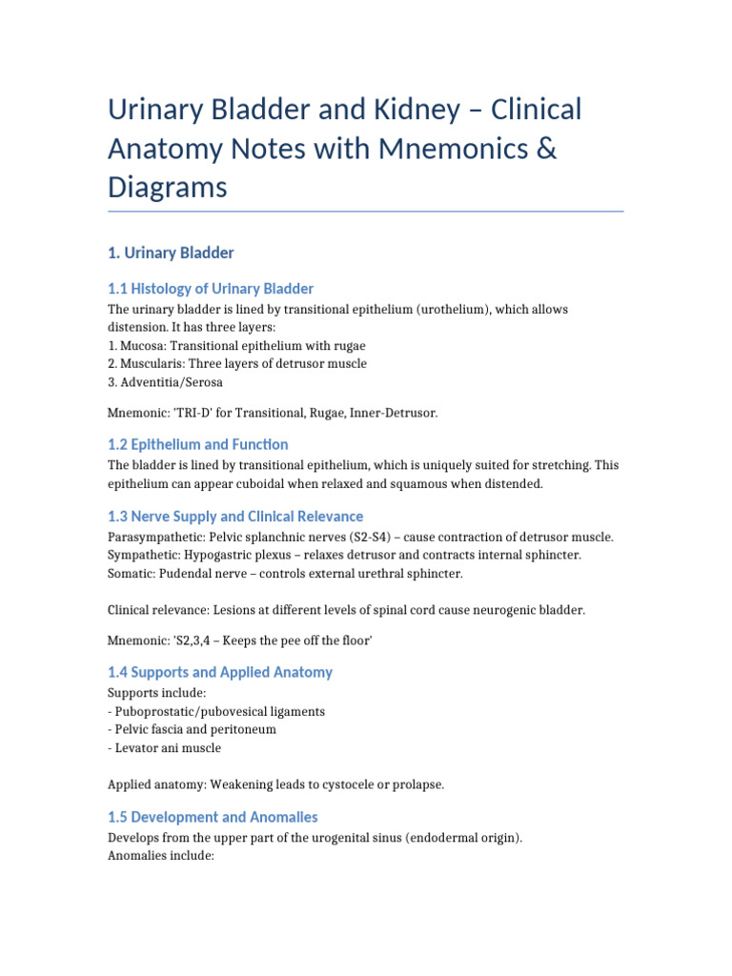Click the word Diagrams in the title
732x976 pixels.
167,187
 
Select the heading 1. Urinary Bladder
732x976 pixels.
171,253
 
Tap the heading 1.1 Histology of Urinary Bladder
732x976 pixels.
211,288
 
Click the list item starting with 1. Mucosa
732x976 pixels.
236,345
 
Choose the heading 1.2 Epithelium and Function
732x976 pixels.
198,444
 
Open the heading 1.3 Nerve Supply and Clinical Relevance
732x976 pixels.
235,516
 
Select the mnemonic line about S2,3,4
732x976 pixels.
239,641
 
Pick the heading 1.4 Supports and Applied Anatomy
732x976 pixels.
220,672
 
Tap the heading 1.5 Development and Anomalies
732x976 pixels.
213,817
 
